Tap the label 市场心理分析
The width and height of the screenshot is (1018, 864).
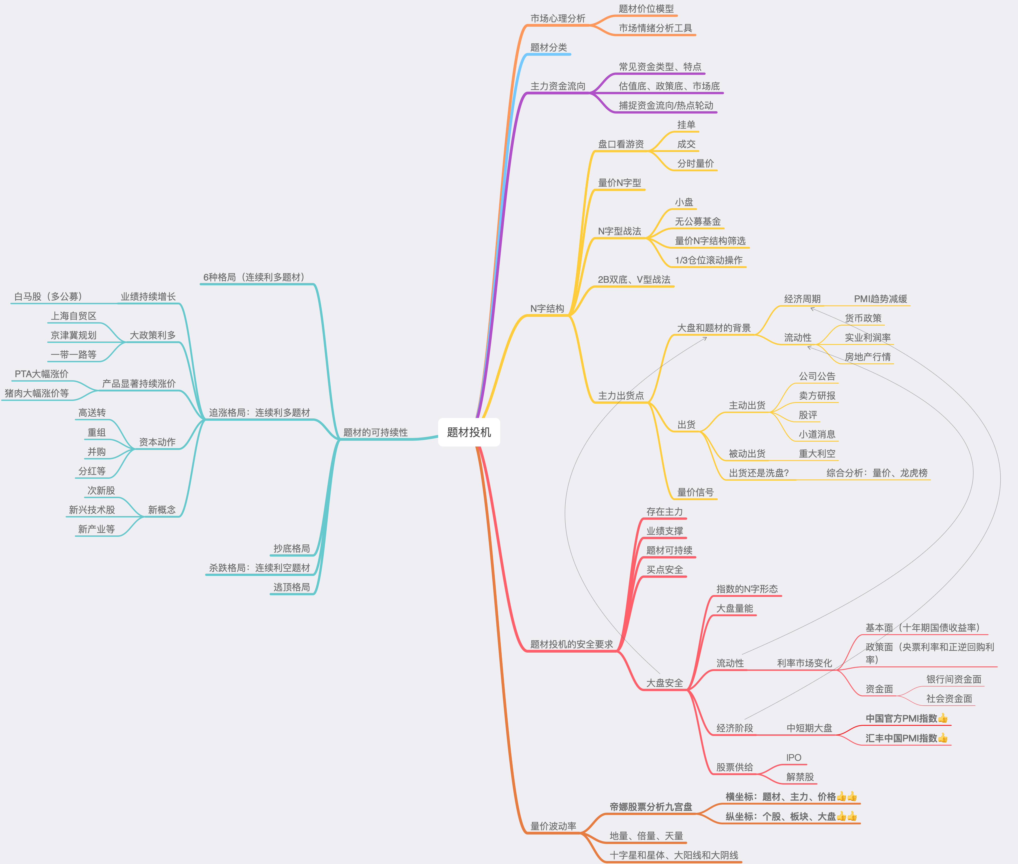[x=558, y=18]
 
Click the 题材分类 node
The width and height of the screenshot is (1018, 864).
[x=548, y=47]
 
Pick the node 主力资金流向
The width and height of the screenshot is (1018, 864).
[x=558, y=86]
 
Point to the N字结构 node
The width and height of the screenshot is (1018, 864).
[x=547, y=309]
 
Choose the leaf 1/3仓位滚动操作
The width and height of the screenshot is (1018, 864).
[x=709, y=260]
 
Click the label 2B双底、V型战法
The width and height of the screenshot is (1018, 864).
[x=634, y=280]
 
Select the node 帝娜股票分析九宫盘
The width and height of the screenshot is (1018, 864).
[x=651, y=807]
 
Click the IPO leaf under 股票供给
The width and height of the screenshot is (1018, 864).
[x=793, y=758]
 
